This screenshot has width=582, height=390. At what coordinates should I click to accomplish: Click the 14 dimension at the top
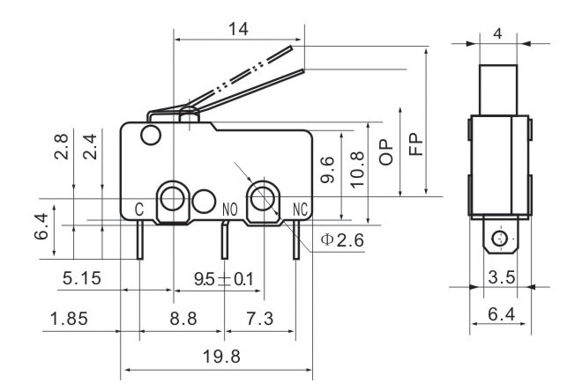click(238, 29)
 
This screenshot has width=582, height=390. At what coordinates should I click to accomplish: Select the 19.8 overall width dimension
click(221, 357)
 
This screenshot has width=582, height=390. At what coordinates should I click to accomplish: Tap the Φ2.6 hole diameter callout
click(342, 240)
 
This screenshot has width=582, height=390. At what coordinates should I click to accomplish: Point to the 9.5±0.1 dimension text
click(223, 279)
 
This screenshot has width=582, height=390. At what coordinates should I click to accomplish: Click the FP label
click(415, 143)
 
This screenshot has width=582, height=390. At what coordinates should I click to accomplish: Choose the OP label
click(386, 152)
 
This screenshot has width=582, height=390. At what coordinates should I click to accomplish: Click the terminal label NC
click(300, 210)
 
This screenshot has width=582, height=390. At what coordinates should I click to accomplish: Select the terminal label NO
click(230, 210)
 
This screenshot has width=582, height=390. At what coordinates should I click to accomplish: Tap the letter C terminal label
click(138, 210)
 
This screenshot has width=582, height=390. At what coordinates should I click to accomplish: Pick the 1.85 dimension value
click(69, 319)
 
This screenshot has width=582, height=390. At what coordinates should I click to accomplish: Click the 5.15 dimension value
click(82, 278)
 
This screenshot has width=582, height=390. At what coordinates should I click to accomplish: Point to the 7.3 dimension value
click(259, 319)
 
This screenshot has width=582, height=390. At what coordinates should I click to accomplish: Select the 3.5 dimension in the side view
click(502, 277)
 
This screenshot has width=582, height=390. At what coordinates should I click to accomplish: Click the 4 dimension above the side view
click(497, 33)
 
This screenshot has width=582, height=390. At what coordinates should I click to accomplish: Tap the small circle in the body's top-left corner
click(151, 135)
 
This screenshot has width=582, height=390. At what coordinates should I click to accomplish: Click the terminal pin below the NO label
click(225, 240)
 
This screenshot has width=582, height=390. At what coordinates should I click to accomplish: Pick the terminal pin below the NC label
click(296, 240)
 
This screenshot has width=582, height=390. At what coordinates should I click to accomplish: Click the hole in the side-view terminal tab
click(500, 239)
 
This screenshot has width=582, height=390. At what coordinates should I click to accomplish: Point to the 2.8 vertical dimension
click(61, 146)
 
